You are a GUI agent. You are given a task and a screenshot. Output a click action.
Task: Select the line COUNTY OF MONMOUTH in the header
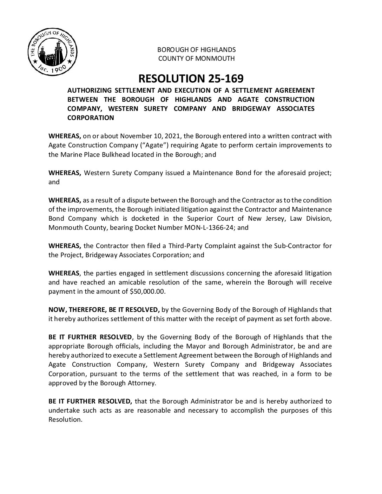point(196,59)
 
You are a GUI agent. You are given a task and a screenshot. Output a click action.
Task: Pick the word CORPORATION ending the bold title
point(91,118)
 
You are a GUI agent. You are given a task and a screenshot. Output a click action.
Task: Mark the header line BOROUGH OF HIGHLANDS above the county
point(196,49)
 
